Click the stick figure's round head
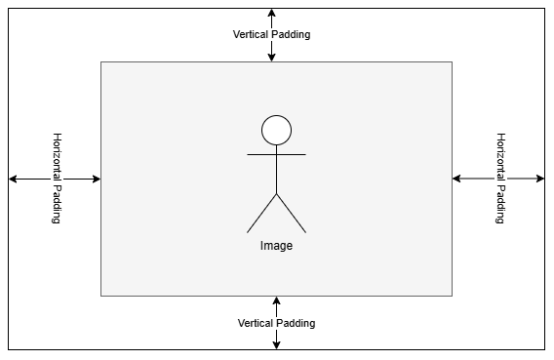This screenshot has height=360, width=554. (276, 130)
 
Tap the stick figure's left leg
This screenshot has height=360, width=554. (262, 214)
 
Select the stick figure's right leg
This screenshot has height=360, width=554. (291, 214)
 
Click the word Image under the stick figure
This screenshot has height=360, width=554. (276, 246)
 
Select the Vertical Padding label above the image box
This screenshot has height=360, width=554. (271, 34)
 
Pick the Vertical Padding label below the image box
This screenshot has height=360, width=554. (276, 323)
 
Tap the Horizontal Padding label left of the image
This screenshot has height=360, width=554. (56, 179)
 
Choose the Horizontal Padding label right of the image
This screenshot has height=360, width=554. (500, 179)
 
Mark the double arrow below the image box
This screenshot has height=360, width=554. (276, 337)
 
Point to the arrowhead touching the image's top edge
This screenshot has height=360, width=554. (271, 57)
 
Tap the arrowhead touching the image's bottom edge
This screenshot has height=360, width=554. (276, 301)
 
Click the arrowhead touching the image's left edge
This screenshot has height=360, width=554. (96, 179)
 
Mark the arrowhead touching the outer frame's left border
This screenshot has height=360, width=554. (14, 179)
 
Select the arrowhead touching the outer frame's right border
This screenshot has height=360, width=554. (539, 179)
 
